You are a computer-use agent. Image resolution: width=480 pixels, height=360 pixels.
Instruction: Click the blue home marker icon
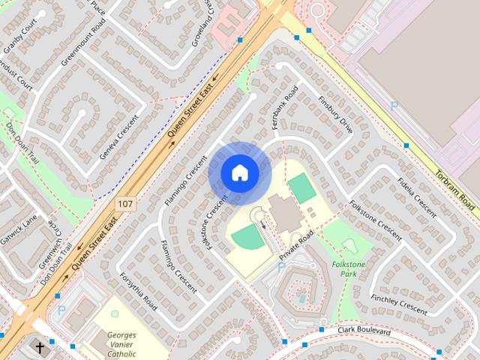tap(239, 172)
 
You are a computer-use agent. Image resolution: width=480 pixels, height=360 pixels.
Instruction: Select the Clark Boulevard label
tap(365, 331)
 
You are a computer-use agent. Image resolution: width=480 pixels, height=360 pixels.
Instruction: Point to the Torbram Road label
tap(456, 187)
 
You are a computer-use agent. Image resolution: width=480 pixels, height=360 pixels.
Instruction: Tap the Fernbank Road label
tap(285, 106)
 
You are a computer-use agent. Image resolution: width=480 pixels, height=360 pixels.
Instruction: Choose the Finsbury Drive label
tap(334, 114)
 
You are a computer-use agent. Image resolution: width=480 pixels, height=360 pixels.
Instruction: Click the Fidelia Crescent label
tap(417, 196)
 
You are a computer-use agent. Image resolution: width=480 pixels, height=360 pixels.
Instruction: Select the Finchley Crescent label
tap(398, 304)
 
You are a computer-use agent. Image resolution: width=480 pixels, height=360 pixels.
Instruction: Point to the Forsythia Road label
tap(138, 291)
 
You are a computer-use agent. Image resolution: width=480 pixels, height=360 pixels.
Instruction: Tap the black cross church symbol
tap(40, 348)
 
